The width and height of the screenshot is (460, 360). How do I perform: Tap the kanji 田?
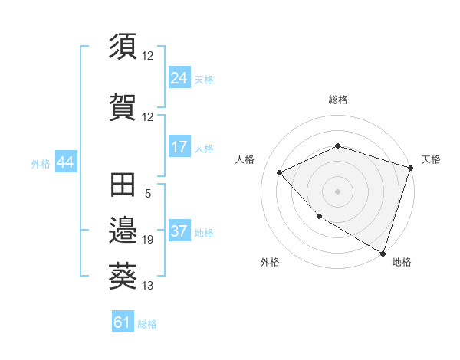(123, 185)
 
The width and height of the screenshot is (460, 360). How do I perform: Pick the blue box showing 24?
(179, 78)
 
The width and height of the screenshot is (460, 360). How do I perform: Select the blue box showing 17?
(179, 147)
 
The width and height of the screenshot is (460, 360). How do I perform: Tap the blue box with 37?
(179, 232)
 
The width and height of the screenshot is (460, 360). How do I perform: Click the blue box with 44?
(65, 162)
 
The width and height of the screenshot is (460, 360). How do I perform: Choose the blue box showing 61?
(123, 322)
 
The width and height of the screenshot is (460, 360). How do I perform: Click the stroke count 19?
(148, 240)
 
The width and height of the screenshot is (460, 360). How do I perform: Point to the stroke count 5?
(148, 194)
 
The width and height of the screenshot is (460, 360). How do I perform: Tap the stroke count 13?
(148, 286)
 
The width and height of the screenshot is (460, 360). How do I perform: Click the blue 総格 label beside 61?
(147, 324)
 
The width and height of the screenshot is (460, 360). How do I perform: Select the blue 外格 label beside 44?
(41, 163)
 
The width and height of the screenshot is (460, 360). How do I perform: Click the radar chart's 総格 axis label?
(337, 100)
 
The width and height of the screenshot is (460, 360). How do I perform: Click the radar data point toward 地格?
(383, 252)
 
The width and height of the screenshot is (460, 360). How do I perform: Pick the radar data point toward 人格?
(280, 172)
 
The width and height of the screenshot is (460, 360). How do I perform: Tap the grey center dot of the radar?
(337, 191)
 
